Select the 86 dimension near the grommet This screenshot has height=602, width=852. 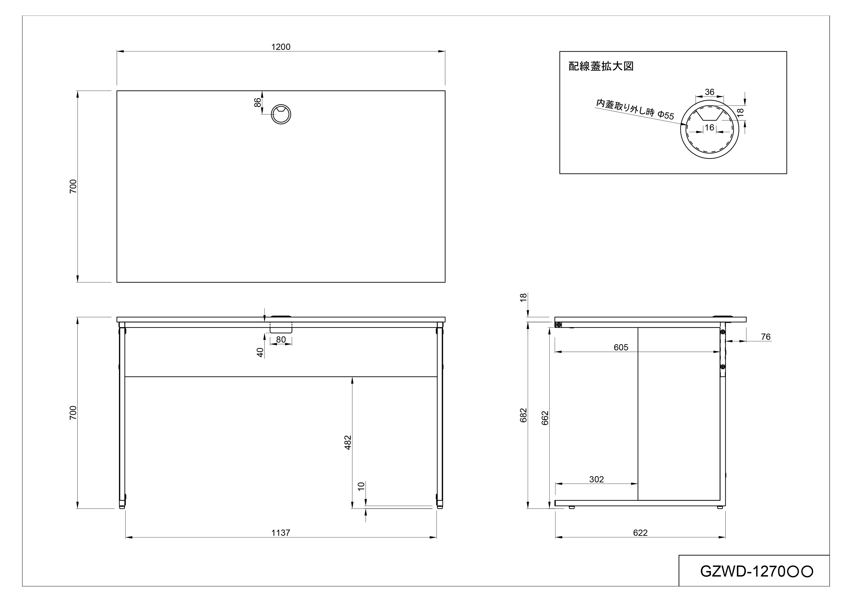pos(257,102)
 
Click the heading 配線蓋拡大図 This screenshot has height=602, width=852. pos(601,66)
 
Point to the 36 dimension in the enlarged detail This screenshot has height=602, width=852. pos(709,92)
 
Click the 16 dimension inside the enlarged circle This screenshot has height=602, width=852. pos(709,127)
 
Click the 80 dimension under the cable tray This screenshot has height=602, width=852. pos(281,339)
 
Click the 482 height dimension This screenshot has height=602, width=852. pos(348,442)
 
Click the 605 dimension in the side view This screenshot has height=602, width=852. pos(621,347)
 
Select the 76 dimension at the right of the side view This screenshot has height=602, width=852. pos(766,337)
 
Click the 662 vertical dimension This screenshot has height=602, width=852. pos(545,418)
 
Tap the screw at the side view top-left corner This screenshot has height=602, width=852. pos(558,325)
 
